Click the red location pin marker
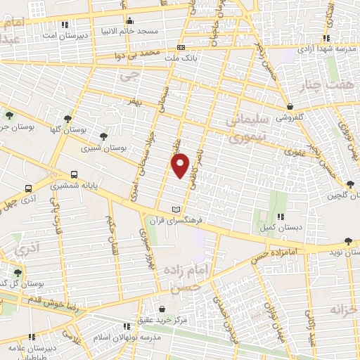click(x=181, y=165)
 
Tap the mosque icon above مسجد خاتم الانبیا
click(x=129, y=21)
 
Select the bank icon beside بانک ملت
click(x=181, y=47)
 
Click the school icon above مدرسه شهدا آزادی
click(x=327, y=39)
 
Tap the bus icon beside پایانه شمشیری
click(x=75, y=174)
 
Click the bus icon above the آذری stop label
click(x=28, y=188)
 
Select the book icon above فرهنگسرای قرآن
click(x=176, y=209)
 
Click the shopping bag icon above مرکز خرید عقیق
click(x=162, y=309)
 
